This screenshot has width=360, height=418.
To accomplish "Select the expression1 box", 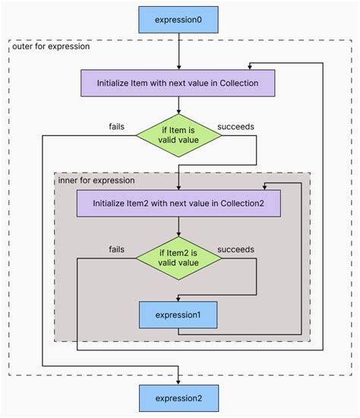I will click(x=178, y=314).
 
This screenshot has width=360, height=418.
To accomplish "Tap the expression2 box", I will click(x=178, y=397).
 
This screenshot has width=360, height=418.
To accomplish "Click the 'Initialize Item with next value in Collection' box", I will click(x=178, y=82).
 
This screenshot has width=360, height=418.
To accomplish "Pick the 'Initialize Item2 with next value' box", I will click(x=178, y=203).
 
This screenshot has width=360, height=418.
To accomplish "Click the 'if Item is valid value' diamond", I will click(x=178, y=135).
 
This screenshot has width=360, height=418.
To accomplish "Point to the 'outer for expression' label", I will click(x=51, y=46).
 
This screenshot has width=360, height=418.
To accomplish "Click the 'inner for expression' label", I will click(x=96, y=180).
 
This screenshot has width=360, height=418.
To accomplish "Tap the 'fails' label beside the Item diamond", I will click(x=116, y=126).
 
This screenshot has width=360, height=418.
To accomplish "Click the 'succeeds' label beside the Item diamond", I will click(x=235, y=126).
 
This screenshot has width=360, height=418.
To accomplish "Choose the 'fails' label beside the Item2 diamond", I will click(x=116, y=249).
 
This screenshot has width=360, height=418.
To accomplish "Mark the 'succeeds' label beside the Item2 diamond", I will click(x=235, y=249).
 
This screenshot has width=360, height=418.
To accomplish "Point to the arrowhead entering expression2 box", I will click(x=178, y=381).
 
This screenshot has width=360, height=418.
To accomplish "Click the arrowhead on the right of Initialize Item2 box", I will click(x=266, y=186).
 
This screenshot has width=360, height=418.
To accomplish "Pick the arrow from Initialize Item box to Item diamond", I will click(x=178, y=105).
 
